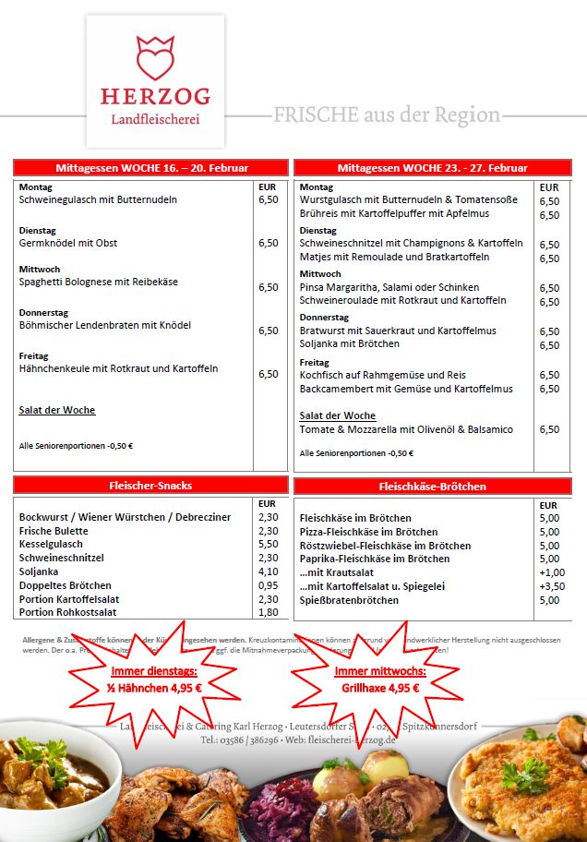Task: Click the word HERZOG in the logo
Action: point(155,96)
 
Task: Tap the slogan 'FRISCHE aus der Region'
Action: point(387,115)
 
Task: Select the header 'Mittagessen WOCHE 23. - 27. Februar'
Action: point(432,168)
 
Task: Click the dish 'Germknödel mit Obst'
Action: point(68,243)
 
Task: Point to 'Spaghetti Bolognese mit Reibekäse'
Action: point(99,282)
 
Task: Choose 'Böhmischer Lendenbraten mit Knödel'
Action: point(105,325)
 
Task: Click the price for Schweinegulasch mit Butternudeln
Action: point(268,199)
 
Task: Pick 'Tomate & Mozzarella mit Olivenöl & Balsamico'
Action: point(406,429)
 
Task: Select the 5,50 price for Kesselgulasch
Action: point(268,545)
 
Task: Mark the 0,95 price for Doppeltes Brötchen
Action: point(268,585)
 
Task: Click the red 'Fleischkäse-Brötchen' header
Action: point(432,486)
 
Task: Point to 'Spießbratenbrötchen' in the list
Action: point(350,600)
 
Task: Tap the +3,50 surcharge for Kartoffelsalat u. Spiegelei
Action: point(551,586)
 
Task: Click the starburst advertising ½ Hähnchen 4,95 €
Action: point(157,680)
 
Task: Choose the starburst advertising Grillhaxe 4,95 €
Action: point(377,680)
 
